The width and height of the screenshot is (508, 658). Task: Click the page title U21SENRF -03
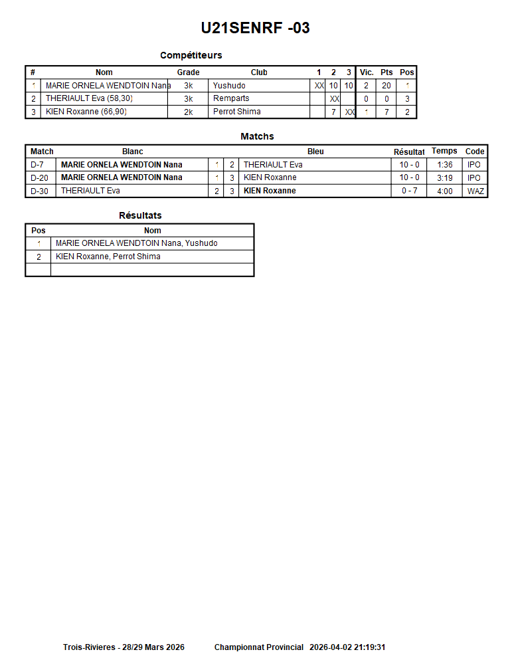(x=255, y=28)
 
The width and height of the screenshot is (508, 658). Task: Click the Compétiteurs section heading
(x=191, y=55)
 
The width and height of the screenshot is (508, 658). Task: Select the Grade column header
(x=188, y=72)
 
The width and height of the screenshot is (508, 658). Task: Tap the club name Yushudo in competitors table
(x=229, y=86)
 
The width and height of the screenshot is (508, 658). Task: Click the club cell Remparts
(x=231, y=98)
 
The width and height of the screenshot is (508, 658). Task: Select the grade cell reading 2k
(x=188, y=112)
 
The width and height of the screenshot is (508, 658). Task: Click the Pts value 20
(x=386, y=86)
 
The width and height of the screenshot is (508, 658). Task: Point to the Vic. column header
(x=367, y=72)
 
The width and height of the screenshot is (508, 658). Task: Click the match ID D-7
(x=38, y=165)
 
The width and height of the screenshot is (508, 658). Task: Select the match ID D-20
(x=40, y=177)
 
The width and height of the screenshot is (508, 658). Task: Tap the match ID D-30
(x=40, y=191)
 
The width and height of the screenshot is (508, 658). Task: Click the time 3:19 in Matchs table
(x=445, y=177)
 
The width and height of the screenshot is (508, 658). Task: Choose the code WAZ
(x=475, y=191)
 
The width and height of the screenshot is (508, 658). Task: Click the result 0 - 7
(x=409, y=191)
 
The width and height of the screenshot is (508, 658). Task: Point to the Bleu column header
(x=315, y=152)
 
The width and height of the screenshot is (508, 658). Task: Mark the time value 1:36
(x=445, y=165)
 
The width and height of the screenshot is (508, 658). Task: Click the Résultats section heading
(x=140, y=215)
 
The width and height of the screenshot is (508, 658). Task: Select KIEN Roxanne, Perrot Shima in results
(x=108, y=257)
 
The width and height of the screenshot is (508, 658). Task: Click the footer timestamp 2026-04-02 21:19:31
(x=347, y=647)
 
